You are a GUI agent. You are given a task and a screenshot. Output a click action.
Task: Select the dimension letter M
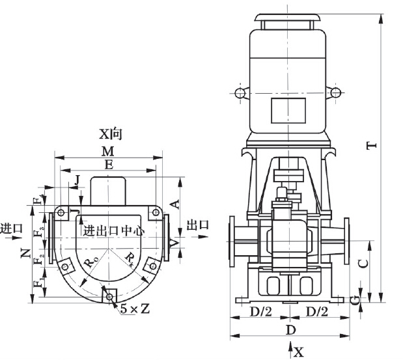click(x=108, y=150)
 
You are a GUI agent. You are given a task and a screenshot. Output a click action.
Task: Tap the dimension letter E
click(x=108, y=165)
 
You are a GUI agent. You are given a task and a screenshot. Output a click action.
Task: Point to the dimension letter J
click(x=78, y=180)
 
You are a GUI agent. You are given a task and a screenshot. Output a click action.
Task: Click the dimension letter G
click(x=354, y=298)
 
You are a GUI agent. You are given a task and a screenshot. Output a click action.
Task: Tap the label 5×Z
click(x=135, y=309)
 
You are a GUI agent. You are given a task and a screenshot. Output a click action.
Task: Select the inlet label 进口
click(x=11, y=228)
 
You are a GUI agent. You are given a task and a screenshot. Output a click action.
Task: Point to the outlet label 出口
click(x=198, y=225)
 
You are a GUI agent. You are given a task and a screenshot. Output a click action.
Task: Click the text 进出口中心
click(x=113, y=230)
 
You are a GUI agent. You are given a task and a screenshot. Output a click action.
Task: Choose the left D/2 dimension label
click(x=260, y=312)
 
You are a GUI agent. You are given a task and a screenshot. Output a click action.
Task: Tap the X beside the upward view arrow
click(x=298, y=352)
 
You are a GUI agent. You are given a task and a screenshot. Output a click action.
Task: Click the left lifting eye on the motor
click(x=240, y=94)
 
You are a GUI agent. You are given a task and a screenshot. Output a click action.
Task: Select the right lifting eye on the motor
click(x=336, y=94)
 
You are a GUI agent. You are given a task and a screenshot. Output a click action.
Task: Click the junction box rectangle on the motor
click(x=288, y=107)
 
